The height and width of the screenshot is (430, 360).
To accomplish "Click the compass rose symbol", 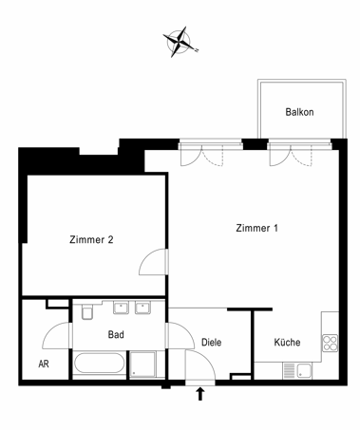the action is click(x=180, y=42).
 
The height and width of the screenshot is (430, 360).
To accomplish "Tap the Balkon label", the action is click(x=299, y=112).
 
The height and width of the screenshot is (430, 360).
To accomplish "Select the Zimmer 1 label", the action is click(x=256, y=228).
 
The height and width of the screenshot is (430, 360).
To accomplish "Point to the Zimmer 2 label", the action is click(x=91, y=239).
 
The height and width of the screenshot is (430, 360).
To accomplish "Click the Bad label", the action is click(x=116, y=334).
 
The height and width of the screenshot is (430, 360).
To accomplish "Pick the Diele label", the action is click(x=212, y=342).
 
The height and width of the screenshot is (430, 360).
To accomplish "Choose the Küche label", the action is click(x=287, y=342).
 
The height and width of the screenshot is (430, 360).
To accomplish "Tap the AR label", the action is click(x=44, y=364).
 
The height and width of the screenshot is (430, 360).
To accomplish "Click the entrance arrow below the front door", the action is click(x=200, y=394).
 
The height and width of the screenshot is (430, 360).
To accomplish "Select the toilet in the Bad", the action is click(x=86, y=311).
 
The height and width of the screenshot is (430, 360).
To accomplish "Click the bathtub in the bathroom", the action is click(x=99, y=363).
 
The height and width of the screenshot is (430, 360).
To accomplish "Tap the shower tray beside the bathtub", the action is click(x=142, y=365).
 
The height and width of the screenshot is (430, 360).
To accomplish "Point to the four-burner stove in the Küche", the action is click(x=331, y=343).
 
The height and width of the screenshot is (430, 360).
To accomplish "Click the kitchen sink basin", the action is click(x=304, y=370).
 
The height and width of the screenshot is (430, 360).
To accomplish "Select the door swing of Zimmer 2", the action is click(x=153, y=262).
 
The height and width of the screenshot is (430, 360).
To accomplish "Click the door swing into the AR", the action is click(x=56, y=336).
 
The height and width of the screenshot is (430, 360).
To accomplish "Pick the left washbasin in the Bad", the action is click(x=121, y=308).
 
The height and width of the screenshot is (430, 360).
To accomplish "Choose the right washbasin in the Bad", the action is click(x=142, y=308).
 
